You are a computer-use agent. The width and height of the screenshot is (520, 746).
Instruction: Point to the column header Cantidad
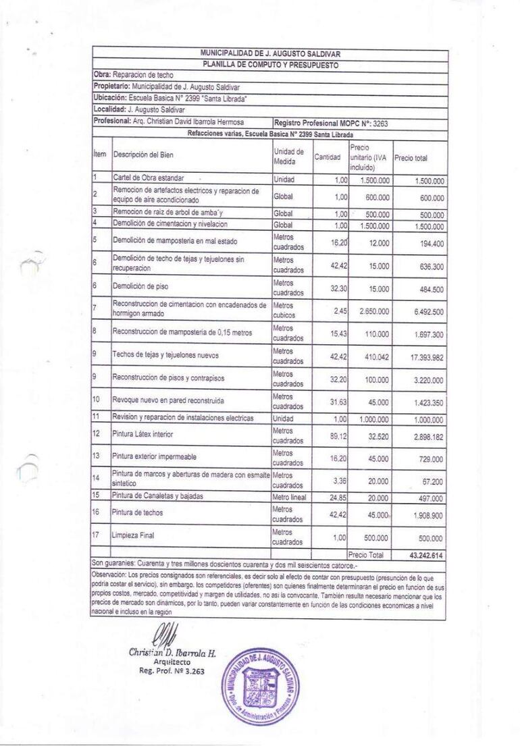tap(328, 157)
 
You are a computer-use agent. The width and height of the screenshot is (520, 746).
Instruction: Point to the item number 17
tap(97, 535)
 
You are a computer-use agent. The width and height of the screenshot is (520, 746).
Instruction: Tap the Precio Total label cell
tap(365, 554)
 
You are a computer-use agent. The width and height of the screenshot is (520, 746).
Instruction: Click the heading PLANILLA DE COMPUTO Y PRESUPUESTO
tap(269, 65)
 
